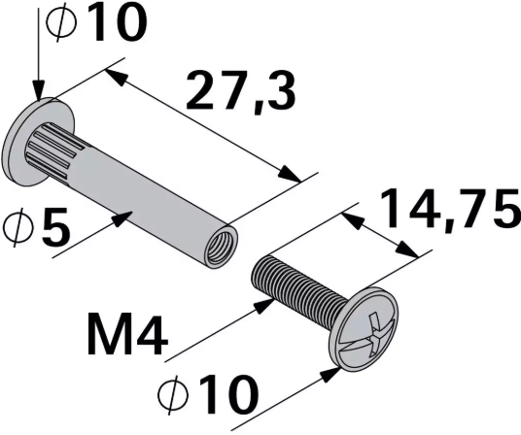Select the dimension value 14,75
point(446,212)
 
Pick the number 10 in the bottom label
point(223,396)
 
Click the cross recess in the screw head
point(370,326)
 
